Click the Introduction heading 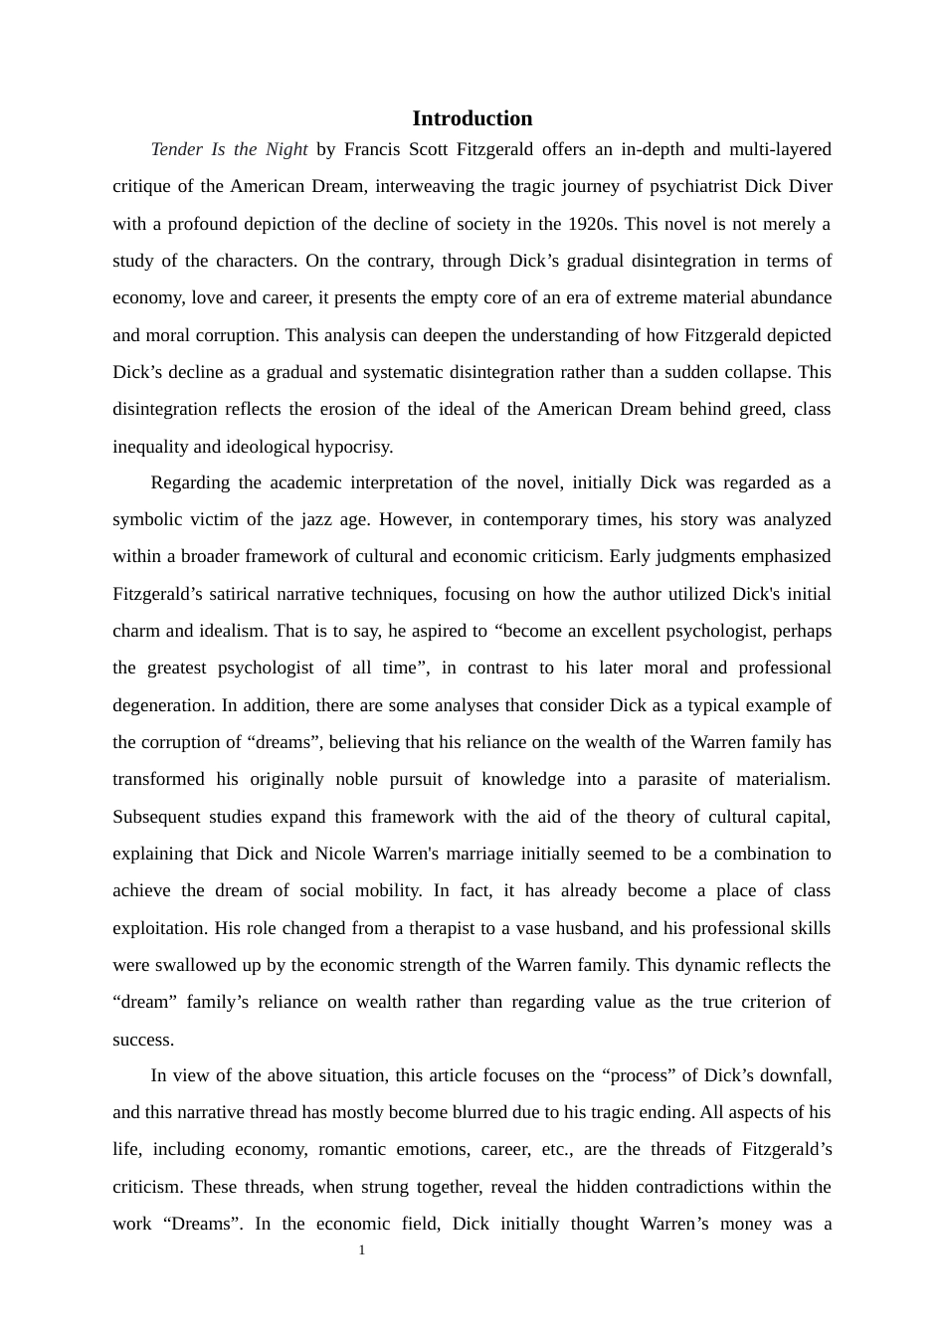pyautogui.click(x=472, y=118)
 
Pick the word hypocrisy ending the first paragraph pyautogui.click(x=353, y=447)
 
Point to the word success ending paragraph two pyautogui.click(x=142, y=1040)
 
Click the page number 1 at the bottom pyautogui.click(x=362, y=1250)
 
